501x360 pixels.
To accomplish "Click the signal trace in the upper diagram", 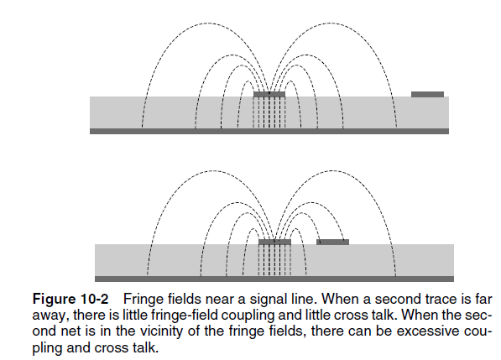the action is click(x=269, y=94).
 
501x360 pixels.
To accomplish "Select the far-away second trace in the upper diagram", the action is click(x=427, y=94).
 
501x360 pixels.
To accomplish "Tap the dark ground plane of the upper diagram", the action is click(x=269, y=131).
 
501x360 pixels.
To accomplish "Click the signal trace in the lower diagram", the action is click(x=274, y=242).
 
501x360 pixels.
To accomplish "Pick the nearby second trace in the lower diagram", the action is click(x=332, y=242).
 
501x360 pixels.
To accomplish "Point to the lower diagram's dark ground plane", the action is click(x=274, y=279).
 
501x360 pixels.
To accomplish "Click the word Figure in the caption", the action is click(x=54, y=300).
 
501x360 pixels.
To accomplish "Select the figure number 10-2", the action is click(x=94, y=299).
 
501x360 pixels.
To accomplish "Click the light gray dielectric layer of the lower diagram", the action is click(x=274, y=260).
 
